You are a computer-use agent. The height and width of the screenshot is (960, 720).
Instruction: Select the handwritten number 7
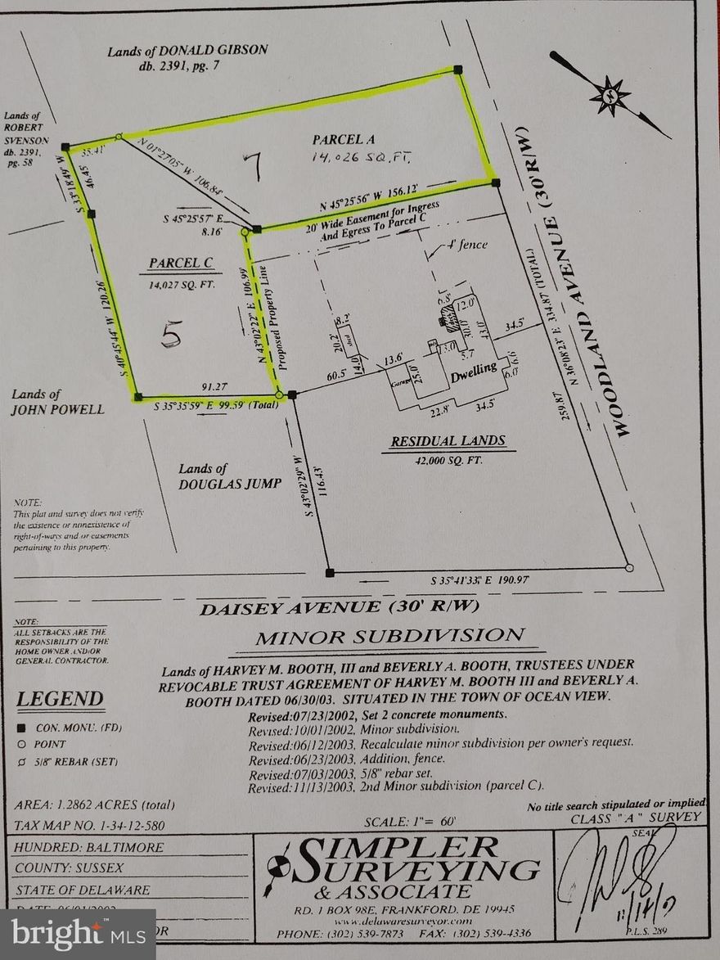coord(252,167)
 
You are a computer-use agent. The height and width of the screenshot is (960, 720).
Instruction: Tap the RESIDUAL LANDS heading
coord(447,442)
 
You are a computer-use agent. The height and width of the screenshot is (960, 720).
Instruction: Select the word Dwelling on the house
coord(473,370)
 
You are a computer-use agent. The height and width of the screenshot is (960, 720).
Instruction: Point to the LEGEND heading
coord(61,699)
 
